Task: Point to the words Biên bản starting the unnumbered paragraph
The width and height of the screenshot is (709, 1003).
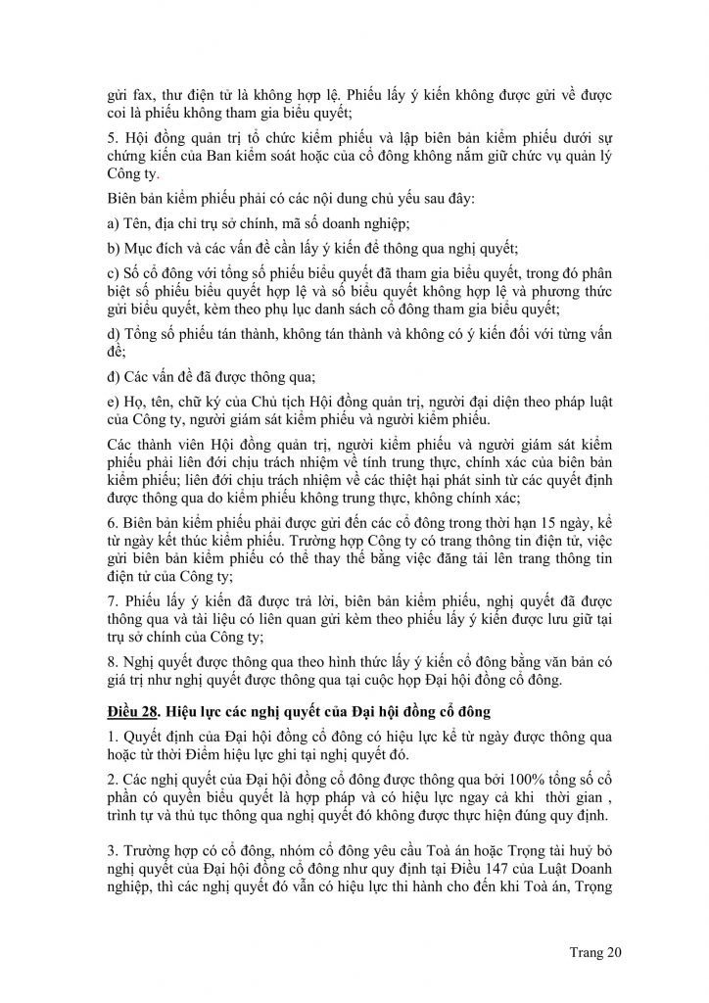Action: tap(134, 200)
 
